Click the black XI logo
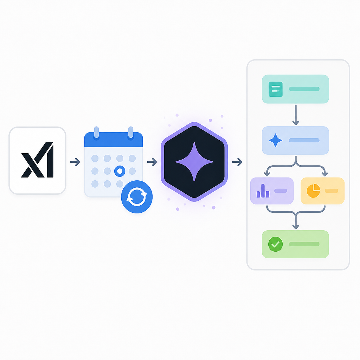tap(37, 160)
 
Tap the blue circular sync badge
tap(137, 197)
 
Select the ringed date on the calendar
tap(120, 171)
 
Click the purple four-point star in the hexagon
tap(194, 162)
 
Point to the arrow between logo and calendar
tap(75, 162)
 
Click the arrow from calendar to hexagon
tap(152, 162)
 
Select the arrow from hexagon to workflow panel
tap(237, 162)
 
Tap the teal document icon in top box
tap(276, 89)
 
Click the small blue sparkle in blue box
tap(275, 140)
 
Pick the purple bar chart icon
tap(263, 191)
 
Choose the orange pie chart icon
tap(313, 191)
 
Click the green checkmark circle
tap(276, 244)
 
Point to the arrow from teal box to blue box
tap(296, 115)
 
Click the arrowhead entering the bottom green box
tap(296, 227)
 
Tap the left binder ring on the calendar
tap(96, 133)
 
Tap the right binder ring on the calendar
tap(131, 133)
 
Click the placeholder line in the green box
tap(304, 244)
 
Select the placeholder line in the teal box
tap(304, 89)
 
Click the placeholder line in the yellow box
tap(332, 191)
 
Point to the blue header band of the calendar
tap(114, 139)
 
